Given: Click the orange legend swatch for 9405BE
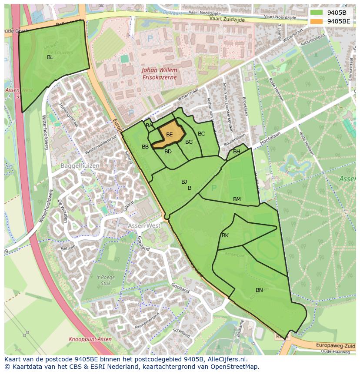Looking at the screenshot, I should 317,21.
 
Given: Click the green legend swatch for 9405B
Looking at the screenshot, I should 317,12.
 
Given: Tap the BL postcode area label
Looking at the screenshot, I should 50,57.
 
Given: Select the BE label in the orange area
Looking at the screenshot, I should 170,135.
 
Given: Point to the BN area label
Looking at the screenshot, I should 259,290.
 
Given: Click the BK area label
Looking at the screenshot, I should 225,235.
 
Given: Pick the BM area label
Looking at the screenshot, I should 237,199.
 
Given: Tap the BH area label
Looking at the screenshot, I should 237,152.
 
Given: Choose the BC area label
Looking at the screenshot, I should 201,134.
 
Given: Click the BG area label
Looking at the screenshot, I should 189,142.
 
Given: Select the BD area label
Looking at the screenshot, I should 168,152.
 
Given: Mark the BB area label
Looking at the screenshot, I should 145,147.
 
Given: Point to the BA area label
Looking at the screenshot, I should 149,126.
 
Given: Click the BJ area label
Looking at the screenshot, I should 184,182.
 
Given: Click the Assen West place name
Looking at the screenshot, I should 144,226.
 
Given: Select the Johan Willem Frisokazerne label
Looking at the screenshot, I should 160,73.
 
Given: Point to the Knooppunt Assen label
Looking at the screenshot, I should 90,339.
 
